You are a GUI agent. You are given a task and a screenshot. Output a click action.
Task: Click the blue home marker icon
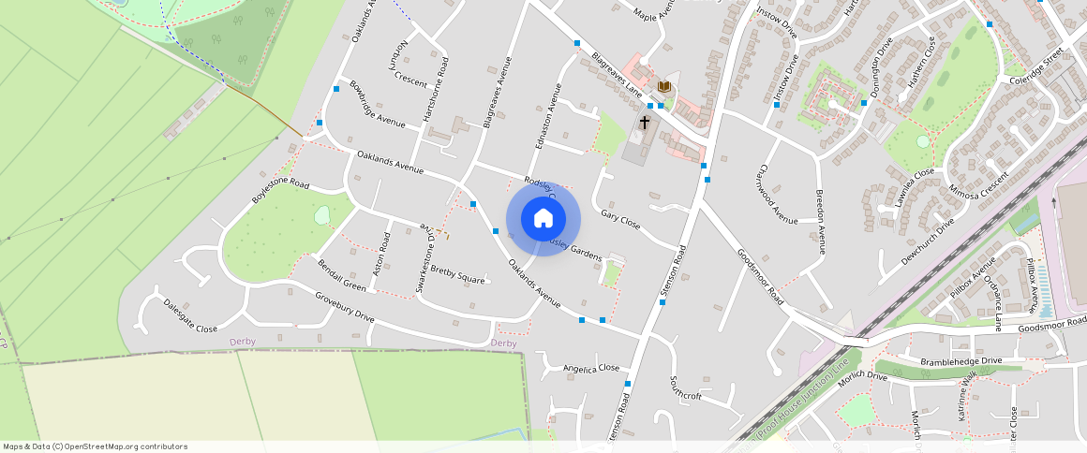click(543, 219)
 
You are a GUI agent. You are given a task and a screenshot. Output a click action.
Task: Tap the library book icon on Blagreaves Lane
click(664, 87)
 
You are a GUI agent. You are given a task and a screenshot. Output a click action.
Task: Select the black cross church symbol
click(645, 123)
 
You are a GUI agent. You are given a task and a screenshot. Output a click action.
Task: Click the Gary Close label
click(620, 220)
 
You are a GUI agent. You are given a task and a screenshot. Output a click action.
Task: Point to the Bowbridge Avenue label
click(377, 105)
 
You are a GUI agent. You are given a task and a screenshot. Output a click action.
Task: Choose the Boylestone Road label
click(280, 190)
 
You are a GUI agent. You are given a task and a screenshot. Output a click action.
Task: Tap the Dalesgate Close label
click(190, 316)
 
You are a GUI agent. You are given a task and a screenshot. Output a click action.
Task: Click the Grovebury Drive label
click(345, 307)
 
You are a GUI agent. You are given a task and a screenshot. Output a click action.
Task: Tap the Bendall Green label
click(342, 275)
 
